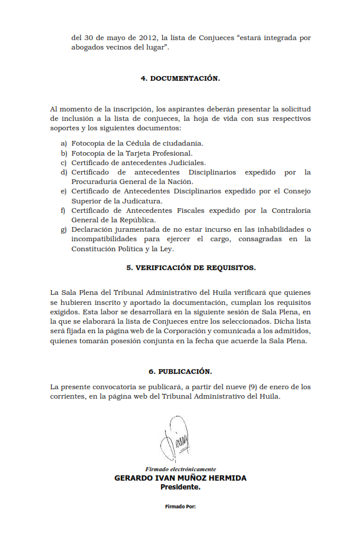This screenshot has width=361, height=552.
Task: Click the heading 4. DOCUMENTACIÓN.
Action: coord(180,78)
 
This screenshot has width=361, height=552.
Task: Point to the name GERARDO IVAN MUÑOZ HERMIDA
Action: coord(180,478)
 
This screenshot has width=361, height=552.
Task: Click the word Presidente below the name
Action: coord(180,488)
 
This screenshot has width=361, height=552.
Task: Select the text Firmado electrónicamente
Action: coord(180,469)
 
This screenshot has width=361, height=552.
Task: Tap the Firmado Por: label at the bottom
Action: coord(180,506)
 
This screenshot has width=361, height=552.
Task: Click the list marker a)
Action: coord(64,143)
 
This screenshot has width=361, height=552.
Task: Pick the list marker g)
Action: coord(64,229)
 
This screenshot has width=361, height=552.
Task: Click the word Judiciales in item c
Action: coord(186,162)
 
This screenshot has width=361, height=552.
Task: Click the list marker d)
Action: coord(64,172)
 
